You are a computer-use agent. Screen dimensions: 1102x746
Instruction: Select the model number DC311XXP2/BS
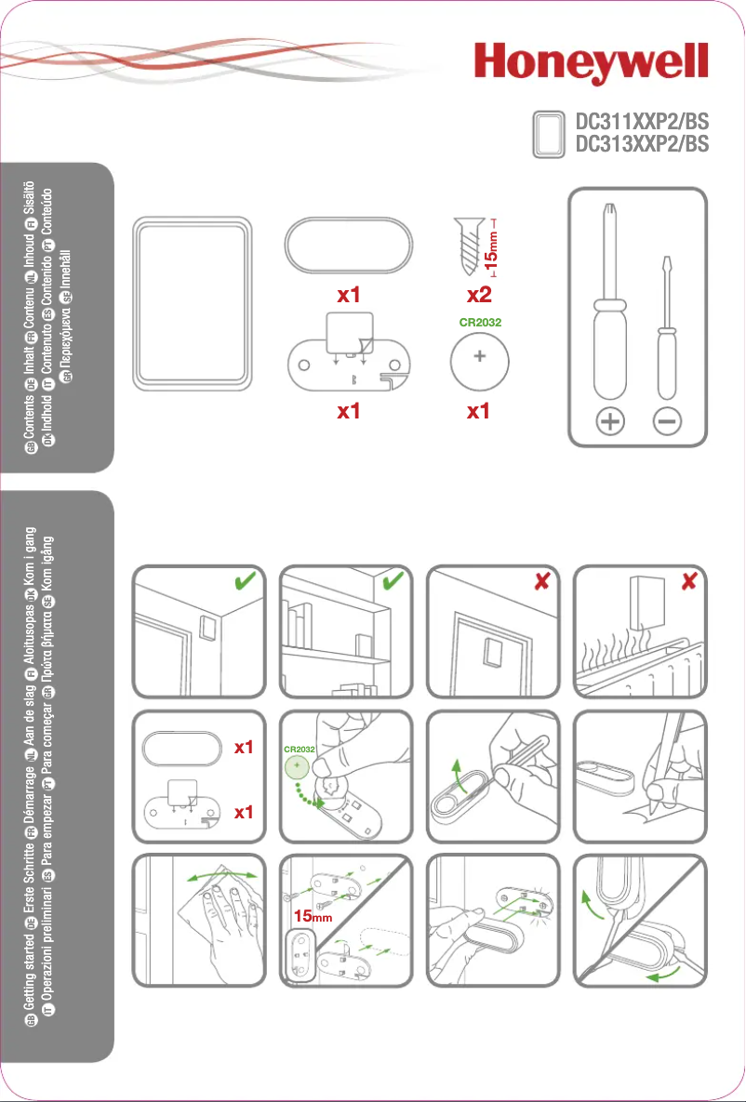pyautogui.click(x=642, y=122)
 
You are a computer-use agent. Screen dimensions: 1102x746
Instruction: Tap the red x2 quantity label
pyautogui.click(x=478, y=296)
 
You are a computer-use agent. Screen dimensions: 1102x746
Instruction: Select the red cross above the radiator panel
pyautogui.click(x=688, y=581)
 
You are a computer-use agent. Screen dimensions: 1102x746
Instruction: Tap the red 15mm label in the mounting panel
pyautogui.click(x=313, y=917)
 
